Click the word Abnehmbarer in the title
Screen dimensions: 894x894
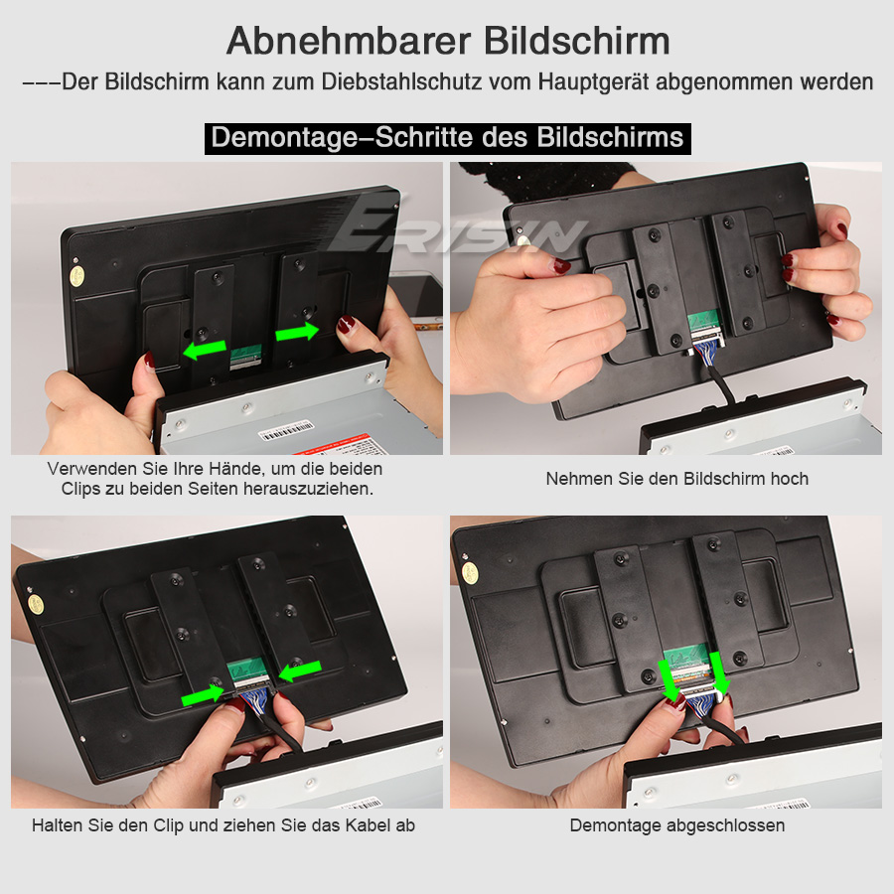click(x=349, y=41)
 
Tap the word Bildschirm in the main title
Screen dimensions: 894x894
click(x=577, y=41)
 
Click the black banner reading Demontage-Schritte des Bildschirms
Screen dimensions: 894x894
click(x=448, y=138)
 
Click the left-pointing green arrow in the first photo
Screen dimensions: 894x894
click(x=205, y=350)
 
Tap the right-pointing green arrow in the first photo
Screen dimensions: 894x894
click(x=297, y=331)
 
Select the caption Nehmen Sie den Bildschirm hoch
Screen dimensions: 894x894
click(x=676, y=479)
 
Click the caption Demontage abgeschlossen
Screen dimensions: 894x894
click(x=676, y=825)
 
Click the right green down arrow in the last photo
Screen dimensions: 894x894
click(x=719, y=673)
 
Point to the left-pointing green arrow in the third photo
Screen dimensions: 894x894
click(x=300, y=671)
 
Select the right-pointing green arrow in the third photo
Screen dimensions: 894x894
click(x=203, y=695)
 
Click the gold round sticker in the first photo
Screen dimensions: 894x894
click(x=76, y=276)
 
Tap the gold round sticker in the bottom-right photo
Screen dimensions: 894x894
click(x=469, y=573)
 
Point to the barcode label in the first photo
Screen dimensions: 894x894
click(x=286, y=430)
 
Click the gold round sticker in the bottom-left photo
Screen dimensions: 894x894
click(x=36, y=604)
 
